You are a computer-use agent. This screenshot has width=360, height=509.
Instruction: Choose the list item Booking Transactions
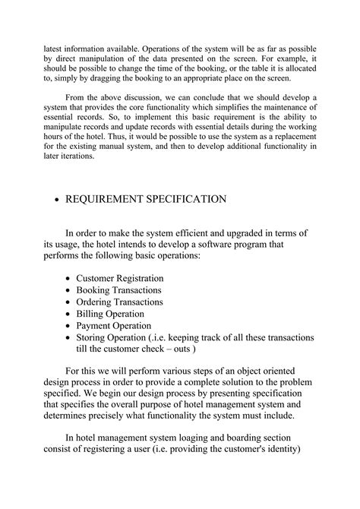pos(119,290)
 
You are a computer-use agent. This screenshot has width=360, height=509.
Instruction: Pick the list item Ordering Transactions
pos(121,302)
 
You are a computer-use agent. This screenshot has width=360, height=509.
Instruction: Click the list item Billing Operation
pos(111,313)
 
